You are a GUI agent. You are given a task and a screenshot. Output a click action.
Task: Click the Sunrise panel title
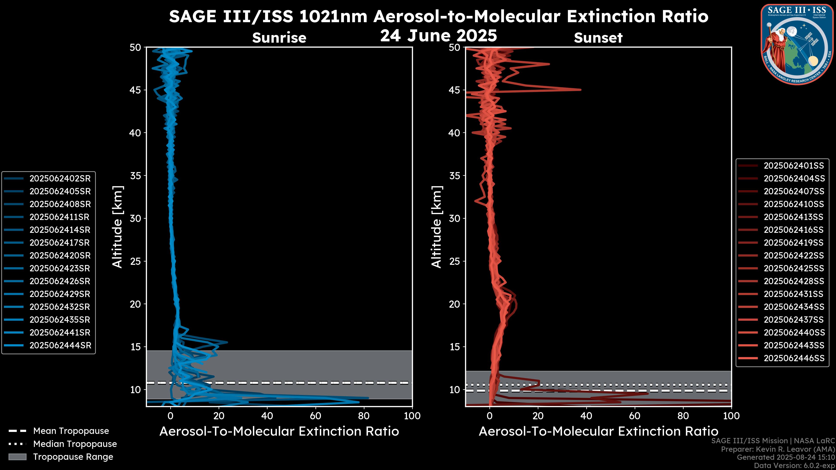click(279, 38)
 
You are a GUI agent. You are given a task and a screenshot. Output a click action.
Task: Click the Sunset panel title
click(598, 38)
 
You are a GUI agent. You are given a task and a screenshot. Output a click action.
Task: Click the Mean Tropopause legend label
click(71, 431)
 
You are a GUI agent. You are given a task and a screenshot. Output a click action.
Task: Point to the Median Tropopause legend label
click(75, 444)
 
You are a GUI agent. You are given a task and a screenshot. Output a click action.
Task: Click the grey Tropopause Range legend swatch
click(17, 457)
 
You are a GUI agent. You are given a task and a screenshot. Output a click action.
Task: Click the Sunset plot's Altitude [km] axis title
click(437, 227)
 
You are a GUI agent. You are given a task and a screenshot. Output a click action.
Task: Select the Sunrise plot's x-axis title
click(279, 431)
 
